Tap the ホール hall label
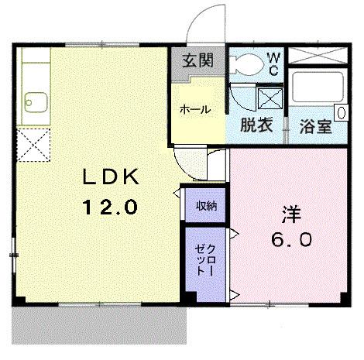pos(195,109)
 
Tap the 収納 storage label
pos(205,206)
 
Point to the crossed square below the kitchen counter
pos(33,145)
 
